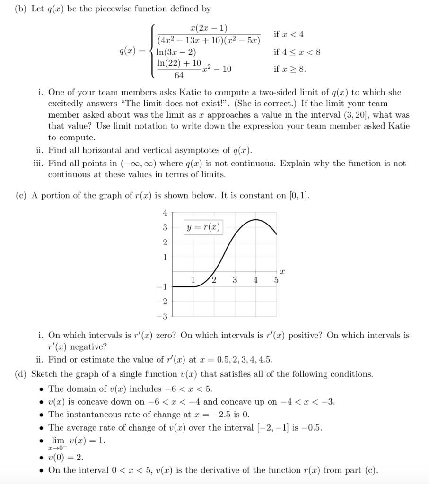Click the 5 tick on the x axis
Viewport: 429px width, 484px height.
click(277, 279)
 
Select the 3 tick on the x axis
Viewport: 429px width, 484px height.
click(235, 279)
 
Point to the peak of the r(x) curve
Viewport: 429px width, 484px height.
click(256, 220)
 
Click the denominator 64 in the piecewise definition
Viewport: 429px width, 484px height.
click(179, 76)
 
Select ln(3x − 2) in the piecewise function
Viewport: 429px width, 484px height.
click(177, 52)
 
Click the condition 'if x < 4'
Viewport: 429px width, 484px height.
click(289, 34)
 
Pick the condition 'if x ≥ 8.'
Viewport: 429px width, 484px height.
click(290, 69)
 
